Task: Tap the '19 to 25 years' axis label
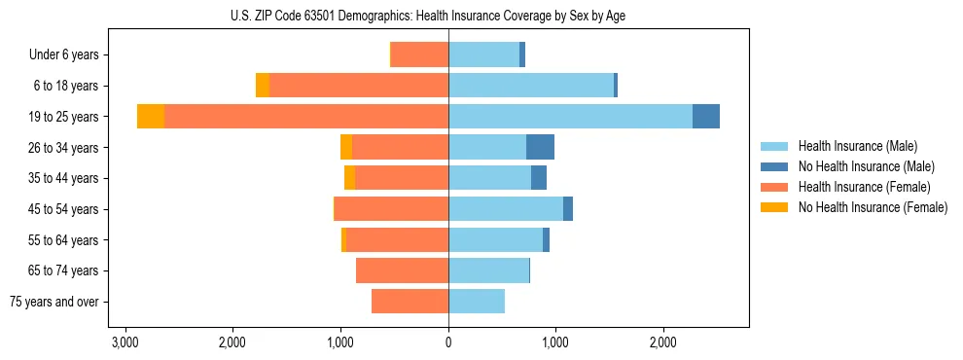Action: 64,117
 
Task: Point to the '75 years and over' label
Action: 54,302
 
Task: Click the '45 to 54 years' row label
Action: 64,209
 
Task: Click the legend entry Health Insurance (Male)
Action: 857,146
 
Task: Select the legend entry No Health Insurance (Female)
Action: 873,207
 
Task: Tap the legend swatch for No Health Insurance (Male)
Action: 775,166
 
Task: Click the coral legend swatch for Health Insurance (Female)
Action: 775,187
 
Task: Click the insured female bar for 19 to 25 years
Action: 306,117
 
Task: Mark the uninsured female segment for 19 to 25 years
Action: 151,117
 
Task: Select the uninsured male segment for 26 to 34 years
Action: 540,147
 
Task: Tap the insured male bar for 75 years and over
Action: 477,302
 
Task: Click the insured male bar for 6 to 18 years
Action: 531,86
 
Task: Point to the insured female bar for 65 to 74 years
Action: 402,270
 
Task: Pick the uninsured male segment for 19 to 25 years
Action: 706,117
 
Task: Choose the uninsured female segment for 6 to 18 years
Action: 263,86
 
